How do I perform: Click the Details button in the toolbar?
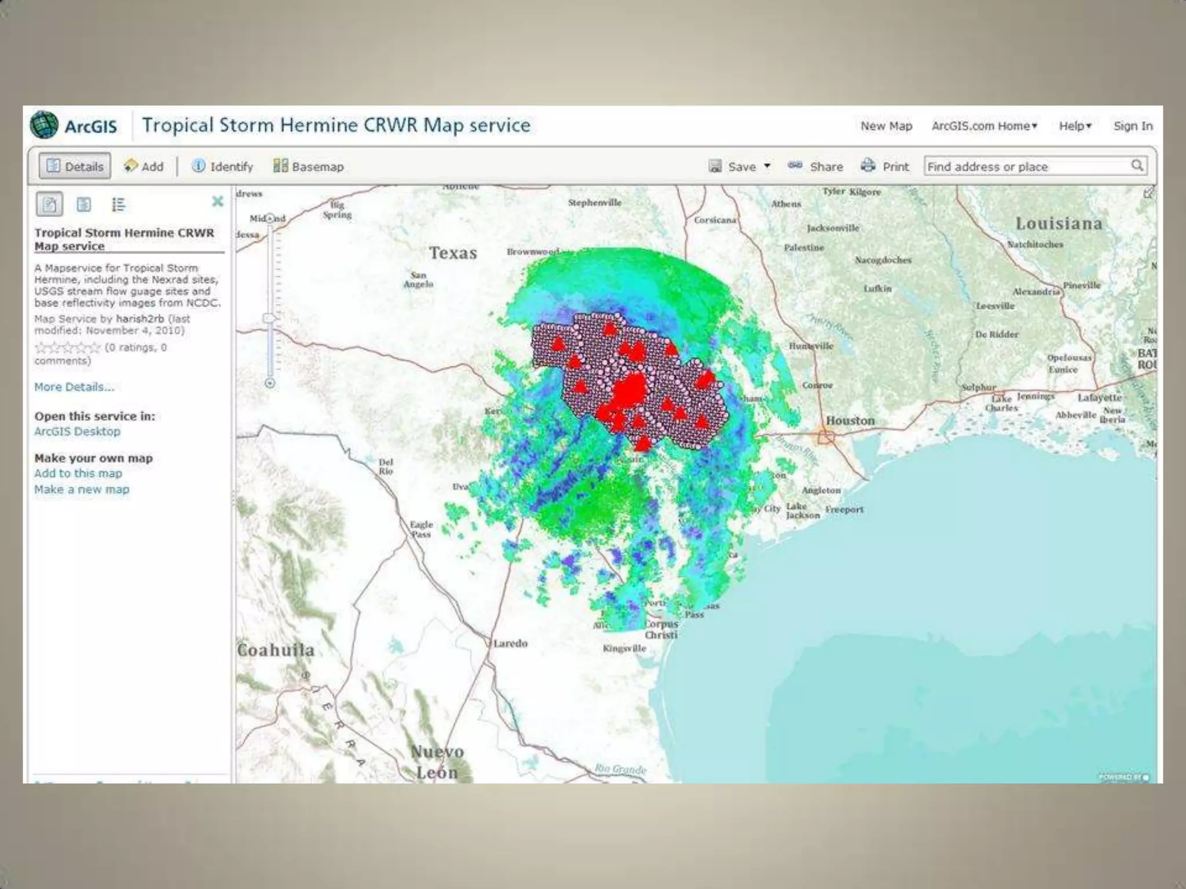point(75,167)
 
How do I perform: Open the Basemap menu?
point(309,167)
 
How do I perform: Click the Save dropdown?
point(740,167)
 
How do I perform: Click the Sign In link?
point(1133,126)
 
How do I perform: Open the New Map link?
point(886,126)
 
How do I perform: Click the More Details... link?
point(74,387)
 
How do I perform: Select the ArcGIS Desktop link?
point(77,431)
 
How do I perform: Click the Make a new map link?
point(82,490)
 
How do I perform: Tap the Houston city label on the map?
point(850,421)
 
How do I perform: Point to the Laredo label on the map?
point(510,644)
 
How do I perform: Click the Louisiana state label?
point(1059,224)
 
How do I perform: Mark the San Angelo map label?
point(418,280)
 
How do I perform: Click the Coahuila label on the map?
point(276,651)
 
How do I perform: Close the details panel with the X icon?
point(217,201)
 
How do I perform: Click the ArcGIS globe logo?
point(45,126)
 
